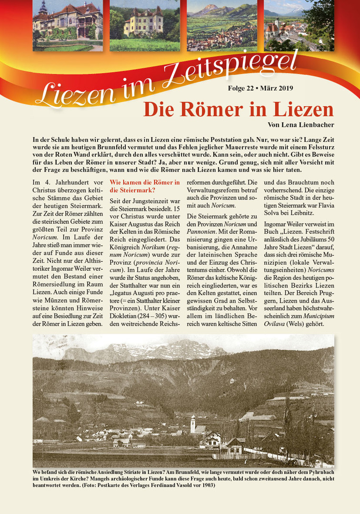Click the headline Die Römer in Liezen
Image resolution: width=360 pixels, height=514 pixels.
tap(238, 109)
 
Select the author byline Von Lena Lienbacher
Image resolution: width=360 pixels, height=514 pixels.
tap(300, 125)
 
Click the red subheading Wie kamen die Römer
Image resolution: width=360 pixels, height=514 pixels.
tap(144, 186)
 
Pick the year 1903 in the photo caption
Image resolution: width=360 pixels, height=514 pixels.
tap(207, 485)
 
